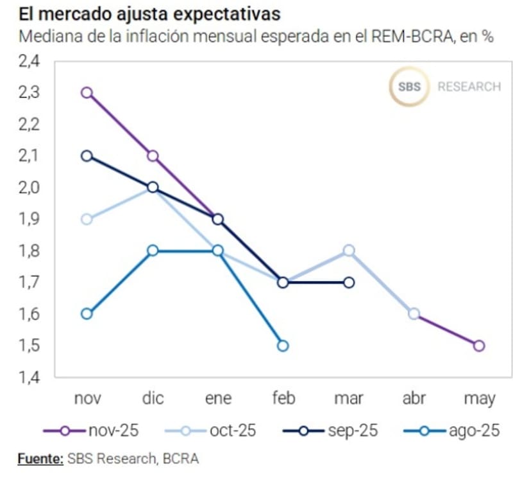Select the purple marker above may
click(479, 346)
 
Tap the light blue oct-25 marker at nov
click(87, 219)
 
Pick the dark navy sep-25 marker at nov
click(87, 155)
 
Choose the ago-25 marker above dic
click(153, 251)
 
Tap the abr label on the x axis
click(414, 399)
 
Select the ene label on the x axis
click(218, 399)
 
